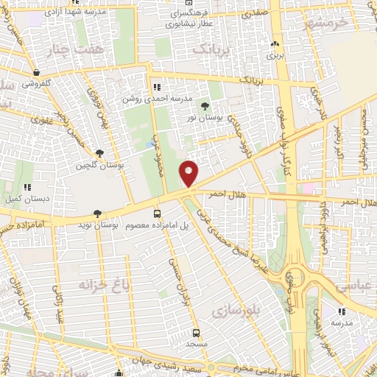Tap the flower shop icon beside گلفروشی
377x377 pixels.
(x=37, y=73)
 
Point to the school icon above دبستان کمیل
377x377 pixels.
(x=27, y=188)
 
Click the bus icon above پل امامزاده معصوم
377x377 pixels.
(x=156, y=213)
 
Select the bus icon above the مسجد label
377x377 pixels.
(x=196, y=332)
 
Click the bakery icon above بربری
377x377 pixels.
(x=275, y=44)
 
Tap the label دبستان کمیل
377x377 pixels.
(x=27, y=197)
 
